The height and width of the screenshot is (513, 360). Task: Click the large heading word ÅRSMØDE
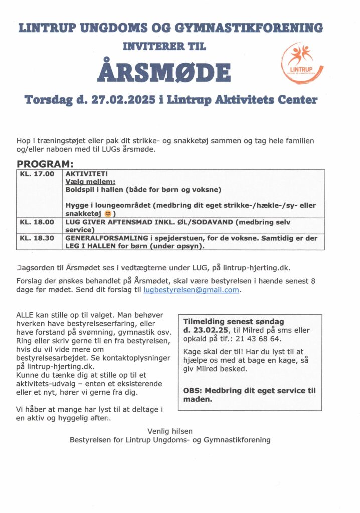(163, 72)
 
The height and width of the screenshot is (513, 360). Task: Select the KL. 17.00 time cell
(37, 174)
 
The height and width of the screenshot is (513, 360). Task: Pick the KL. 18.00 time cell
(37, 222)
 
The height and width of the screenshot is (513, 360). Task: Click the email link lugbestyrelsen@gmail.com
(191, 290)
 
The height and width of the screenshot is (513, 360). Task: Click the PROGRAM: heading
(45, 164)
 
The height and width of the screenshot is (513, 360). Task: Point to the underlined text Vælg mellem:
(90, 182)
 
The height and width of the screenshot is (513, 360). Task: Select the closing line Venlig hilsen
(170, 431)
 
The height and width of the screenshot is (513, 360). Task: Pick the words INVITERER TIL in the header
(164, 46)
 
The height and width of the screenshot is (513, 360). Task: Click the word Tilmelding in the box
(203, 321)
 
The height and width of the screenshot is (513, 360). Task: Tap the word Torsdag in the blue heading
(48, 100)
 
